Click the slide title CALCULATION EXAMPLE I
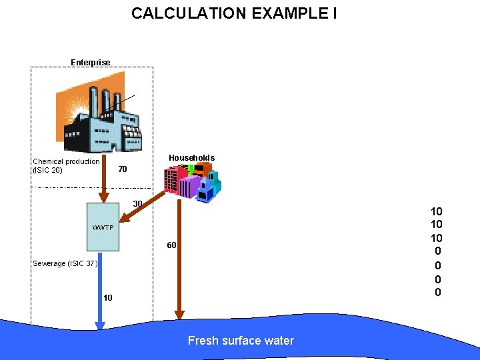tap(234, 13)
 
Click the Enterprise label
tap(91, 63)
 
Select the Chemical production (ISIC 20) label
tap(66, 165)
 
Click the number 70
tap(122, 169)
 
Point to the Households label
tap(191, 158)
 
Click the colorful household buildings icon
tap(192, 182)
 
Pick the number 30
tap(137, 203)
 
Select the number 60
tap(171, 245)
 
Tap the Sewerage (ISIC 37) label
tap(65, 263)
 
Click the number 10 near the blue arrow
tap(108, 297)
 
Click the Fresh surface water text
tap(241, 341)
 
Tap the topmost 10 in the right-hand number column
tap(437, 212)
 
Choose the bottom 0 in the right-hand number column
tap(437, 292)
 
